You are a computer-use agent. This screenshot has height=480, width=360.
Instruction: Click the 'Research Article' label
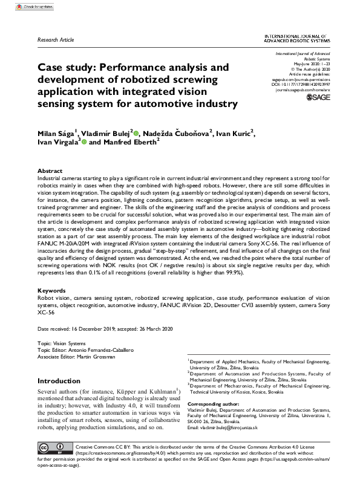click(56, 40)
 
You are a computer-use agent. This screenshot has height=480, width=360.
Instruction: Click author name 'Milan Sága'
click(57, 133)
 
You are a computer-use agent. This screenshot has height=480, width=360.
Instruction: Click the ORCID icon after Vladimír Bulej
click(137, 133)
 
